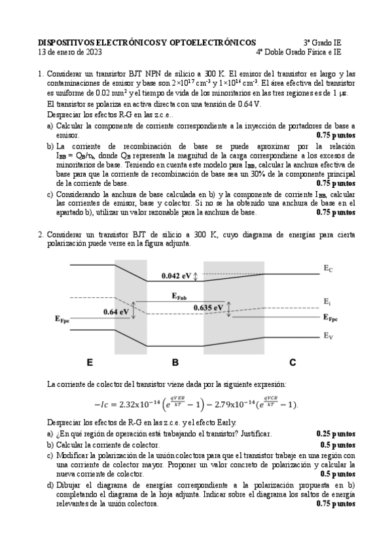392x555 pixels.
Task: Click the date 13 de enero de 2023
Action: pos(70,52)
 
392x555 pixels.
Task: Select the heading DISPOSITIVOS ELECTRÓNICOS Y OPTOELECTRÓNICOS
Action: pos(147,42)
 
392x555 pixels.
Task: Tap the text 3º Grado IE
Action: pos(324,42)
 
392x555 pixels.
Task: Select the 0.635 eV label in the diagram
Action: pos(209,307)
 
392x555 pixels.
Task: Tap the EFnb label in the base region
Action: pos(184,296)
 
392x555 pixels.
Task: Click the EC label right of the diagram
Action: pos(329,268)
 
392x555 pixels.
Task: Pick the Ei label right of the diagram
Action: pos(328,301)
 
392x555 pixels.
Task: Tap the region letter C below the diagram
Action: pos(293,361)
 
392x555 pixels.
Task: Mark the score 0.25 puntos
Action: pos(336,434)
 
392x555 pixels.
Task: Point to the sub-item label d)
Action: pos(50,485)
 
